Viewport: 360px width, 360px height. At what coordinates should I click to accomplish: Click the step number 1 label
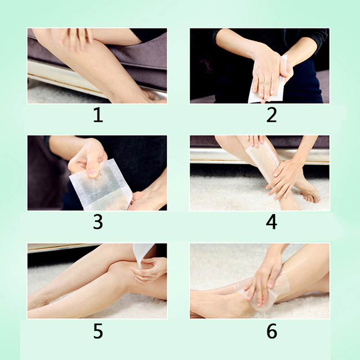click(x=98, y=115)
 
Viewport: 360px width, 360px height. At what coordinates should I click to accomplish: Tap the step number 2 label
click(x=272, y=115)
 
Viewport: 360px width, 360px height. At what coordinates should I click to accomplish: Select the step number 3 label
click(x=98, y=222)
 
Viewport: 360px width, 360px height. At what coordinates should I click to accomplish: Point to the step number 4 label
click(x=271, y=222)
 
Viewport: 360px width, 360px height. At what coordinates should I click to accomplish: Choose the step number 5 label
click(x=98, y=331)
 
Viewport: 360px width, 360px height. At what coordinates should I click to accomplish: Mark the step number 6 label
click(x=272, y=331)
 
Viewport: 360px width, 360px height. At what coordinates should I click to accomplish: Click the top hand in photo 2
click(x=266, y=76)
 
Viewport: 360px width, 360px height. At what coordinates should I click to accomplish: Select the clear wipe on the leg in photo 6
click(x=264, y=292)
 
